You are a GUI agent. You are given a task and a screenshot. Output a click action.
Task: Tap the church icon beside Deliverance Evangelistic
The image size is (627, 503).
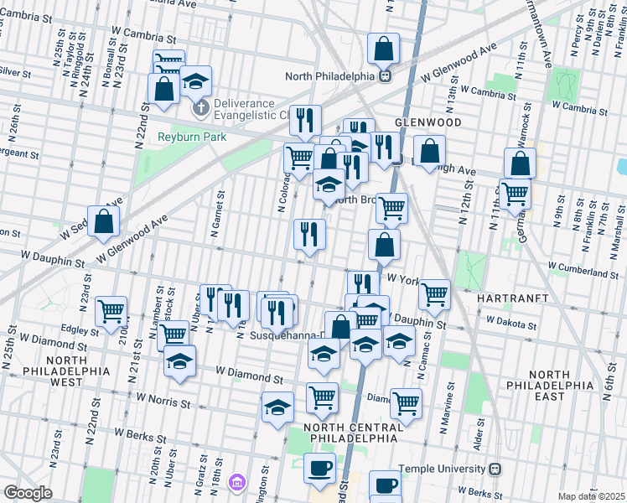(200, 108)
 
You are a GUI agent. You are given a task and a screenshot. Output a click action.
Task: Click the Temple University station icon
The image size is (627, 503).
(495, 469)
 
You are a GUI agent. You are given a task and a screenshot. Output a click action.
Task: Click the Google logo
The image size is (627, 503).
(28, 493)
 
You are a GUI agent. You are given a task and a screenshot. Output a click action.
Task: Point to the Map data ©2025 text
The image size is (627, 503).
(590, 496)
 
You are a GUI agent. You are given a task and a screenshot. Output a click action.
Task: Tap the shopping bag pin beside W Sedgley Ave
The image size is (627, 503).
(103, 221)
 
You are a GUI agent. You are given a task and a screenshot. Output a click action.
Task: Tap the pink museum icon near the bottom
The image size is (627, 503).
(237, 482)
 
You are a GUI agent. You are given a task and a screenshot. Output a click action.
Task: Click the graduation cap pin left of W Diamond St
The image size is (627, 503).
(179, 361)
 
